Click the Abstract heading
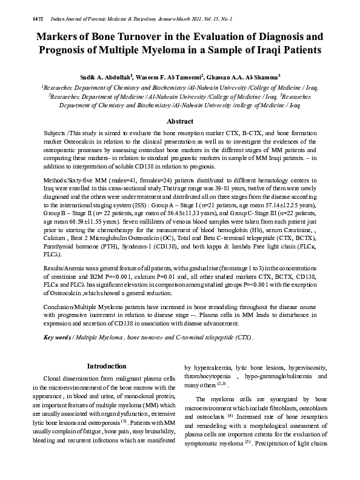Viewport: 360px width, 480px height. click(x=180, y=121)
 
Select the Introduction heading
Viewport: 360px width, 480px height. click(x=107, y=366)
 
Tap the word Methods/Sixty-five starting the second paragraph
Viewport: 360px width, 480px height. click(x=74, y=182)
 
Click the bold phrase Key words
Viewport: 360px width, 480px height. click(x=58, y=338)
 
